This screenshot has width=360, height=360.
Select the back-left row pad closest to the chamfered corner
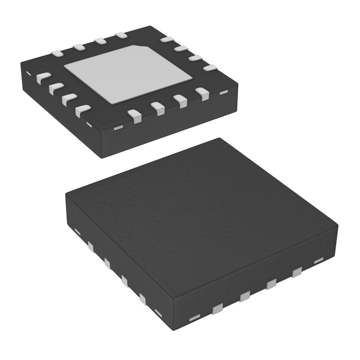tap(120, 36)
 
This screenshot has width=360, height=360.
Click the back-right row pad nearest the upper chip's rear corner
tap(166, 40)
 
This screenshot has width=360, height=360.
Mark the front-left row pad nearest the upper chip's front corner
tap(83, 110)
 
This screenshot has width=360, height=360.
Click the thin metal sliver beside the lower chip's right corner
tap(318, 260)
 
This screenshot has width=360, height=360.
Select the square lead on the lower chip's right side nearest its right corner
tap(296, 273)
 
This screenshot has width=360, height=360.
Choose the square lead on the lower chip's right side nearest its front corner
tap(217, 307)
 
